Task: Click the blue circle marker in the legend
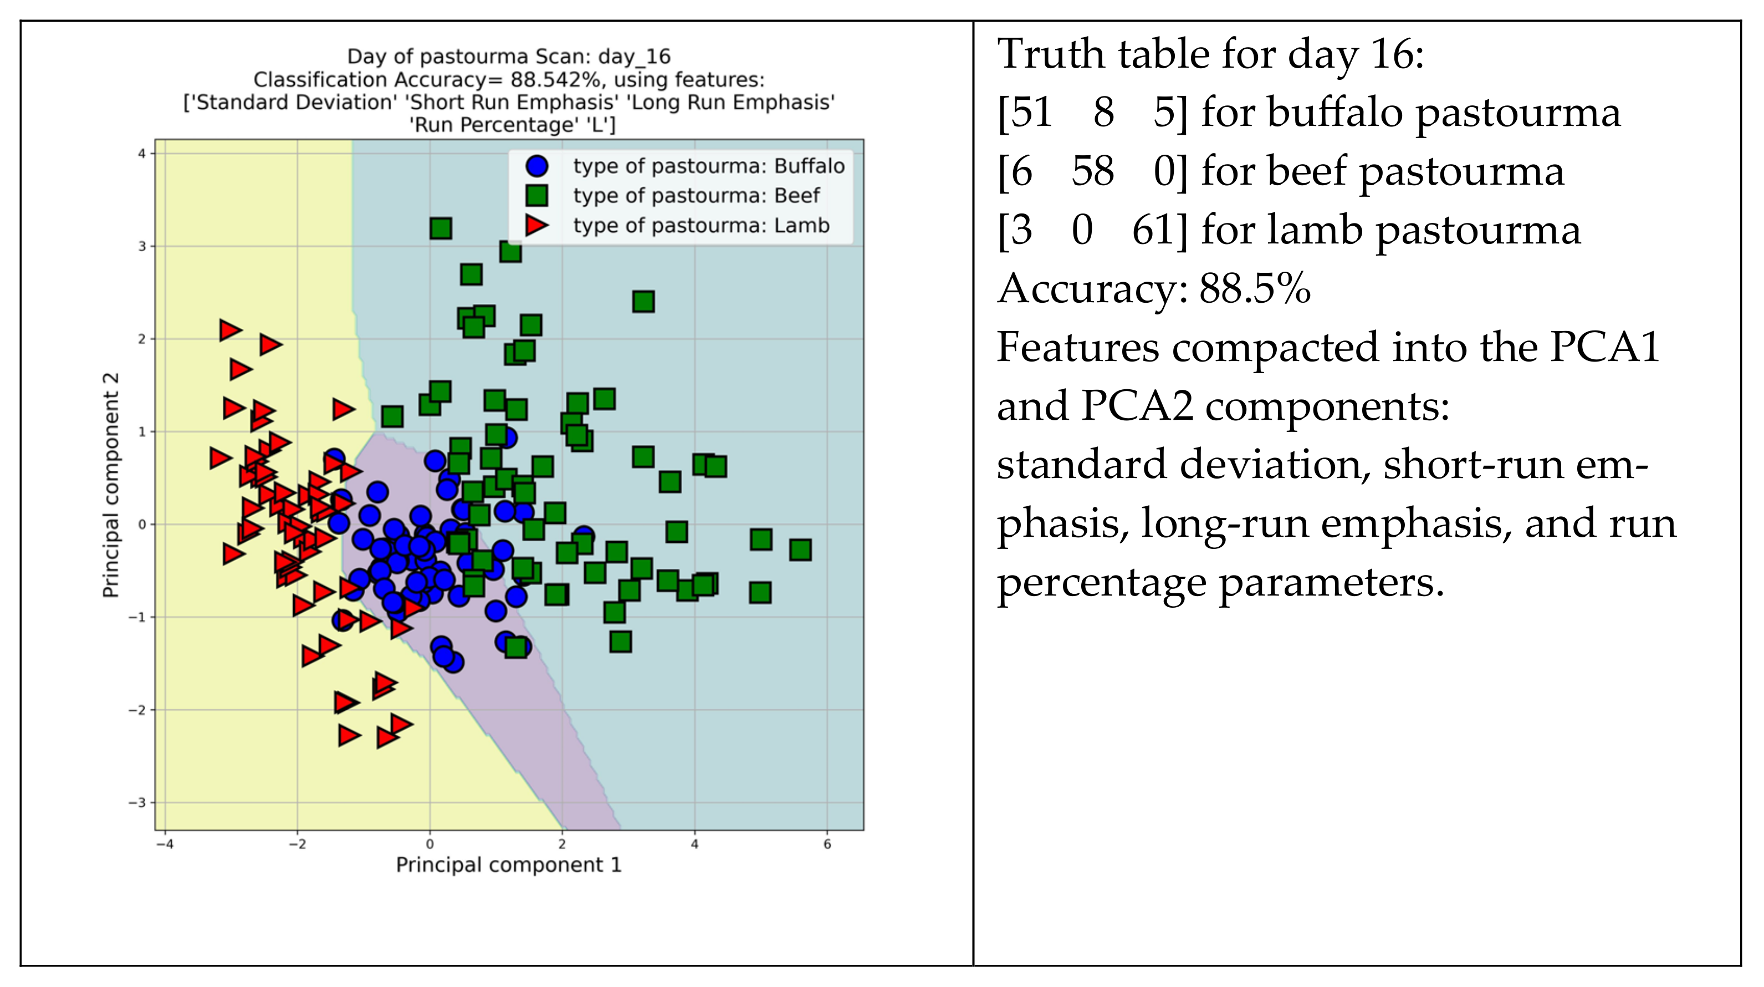[537, 166]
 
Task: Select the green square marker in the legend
[537, 195]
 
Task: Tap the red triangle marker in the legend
[536, 225]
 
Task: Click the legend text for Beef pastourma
[696, 196]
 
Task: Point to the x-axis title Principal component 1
[509, 864]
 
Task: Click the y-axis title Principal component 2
[110, 485]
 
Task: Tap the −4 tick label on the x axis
[165, 844]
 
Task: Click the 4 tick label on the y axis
[142, 154]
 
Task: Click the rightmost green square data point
[800, 550]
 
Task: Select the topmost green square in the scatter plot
[441, 228]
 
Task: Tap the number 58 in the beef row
[1092, 171]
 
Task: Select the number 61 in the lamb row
[1154, 230]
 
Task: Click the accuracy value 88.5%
[1255, 288]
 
